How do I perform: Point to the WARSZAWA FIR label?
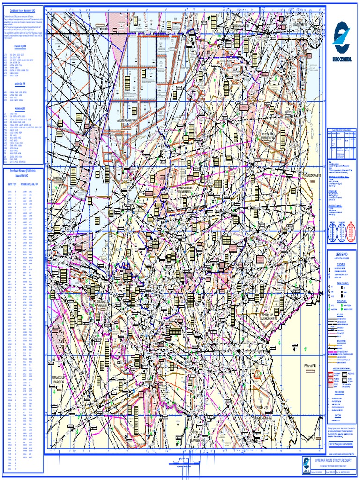[312, 175]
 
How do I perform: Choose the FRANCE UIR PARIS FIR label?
[61, 380]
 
